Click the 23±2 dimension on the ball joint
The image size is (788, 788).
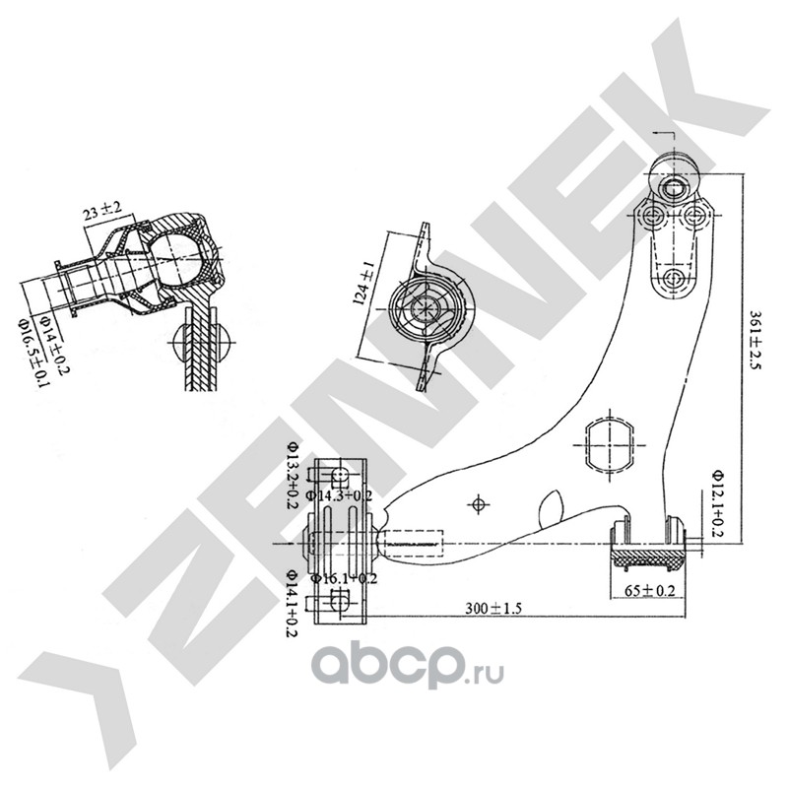(x=103, y=210)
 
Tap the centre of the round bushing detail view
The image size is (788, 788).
(x=427, y=307)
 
